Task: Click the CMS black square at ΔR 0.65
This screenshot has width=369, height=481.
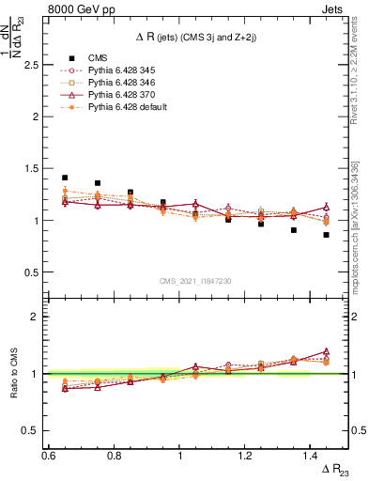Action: pyautogui.click(x=65, y=178)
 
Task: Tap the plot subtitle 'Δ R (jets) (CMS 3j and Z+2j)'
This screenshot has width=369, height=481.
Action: pyautogui.click(x=195, y=36)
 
